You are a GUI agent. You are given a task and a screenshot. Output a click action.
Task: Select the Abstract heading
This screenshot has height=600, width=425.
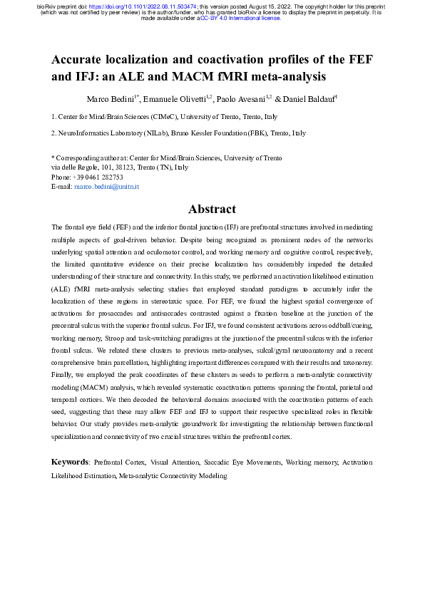[212, 209]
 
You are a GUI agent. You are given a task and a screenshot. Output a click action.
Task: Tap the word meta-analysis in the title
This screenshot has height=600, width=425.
[285, 75]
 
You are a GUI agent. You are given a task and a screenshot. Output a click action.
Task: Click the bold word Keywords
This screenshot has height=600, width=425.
[69, 462]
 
